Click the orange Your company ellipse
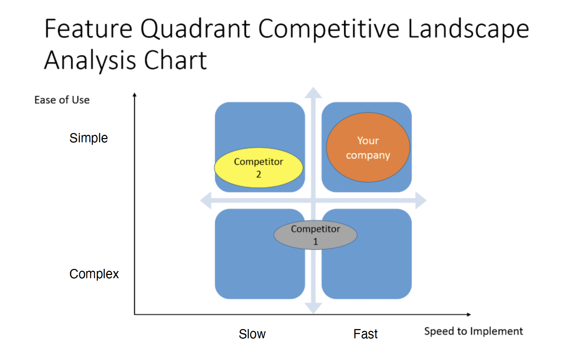368,147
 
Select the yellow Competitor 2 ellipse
259,168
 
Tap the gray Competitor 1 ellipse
315,235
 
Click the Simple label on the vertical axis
88,138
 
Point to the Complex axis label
94,274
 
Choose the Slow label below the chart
252,334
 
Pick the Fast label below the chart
365,334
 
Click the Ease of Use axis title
62,100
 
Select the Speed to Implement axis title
473,331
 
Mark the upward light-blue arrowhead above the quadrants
313,92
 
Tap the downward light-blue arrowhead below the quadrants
313,308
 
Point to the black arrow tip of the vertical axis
134,95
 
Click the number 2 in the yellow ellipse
259,174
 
